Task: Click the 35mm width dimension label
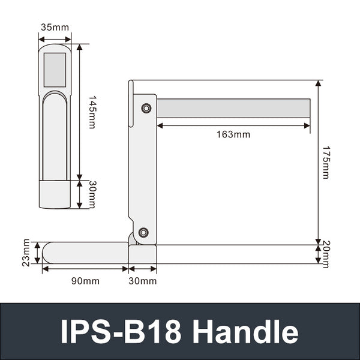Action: [x=54, y=28]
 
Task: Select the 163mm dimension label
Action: [x=233, y=134]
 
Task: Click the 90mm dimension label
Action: [x=84, y=281]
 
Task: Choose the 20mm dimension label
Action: [x=325, y=254]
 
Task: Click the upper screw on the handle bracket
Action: [x=145, y=108]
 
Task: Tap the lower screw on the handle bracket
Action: [x=143, y=233]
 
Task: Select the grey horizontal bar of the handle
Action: [x=234, y=108]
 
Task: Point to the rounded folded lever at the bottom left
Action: [x=84, y=253]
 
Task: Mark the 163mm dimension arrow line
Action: [x=233, y=125]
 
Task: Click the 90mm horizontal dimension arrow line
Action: [x=84, y=269]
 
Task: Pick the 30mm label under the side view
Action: [x=142, y=281]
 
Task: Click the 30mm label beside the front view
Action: [x=92, y=194]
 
